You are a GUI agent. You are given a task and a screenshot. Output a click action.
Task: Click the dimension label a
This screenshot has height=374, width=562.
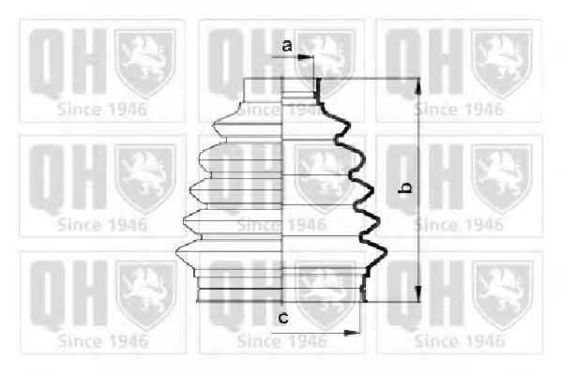287,46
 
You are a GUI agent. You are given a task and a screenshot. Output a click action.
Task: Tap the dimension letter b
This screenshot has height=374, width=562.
404,188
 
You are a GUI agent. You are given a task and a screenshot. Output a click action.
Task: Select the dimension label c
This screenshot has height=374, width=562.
283,317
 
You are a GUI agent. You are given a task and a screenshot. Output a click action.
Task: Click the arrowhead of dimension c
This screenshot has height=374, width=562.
352,333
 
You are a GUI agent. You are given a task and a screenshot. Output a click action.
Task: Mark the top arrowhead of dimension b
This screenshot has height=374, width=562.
418,86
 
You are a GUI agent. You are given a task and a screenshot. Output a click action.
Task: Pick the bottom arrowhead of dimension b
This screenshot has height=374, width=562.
418,293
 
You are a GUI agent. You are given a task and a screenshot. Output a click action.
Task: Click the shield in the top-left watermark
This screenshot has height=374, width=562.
144,63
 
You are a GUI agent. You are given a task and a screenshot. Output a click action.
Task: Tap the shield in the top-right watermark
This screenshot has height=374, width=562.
501,63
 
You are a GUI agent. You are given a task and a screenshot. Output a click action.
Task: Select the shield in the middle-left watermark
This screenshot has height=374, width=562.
145,179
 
